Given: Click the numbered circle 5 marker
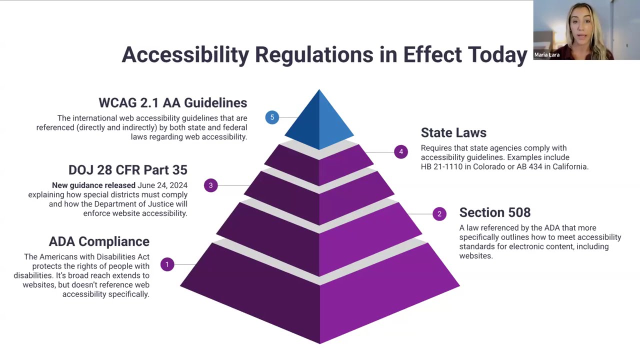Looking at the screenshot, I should coord(272,117).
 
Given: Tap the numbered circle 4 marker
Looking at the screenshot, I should coord(400,151).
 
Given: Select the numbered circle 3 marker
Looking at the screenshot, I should coord(211,185).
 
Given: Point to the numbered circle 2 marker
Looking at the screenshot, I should coord(439,214).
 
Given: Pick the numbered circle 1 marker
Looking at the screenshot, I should coord(167,264).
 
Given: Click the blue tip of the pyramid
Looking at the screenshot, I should coord(319,120).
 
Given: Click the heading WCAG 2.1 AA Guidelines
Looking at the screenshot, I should coord(172,102).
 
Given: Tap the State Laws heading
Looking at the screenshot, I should coord(453,132).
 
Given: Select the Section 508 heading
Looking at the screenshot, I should coord(494,212).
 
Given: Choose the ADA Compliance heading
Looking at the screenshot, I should coord(99,241).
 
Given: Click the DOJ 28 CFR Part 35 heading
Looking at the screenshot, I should coord(127,170).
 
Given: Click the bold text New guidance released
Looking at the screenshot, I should coord(93,185).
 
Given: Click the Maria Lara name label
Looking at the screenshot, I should coord(546,55).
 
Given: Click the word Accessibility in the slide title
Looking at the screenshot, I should coord(185,54).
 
